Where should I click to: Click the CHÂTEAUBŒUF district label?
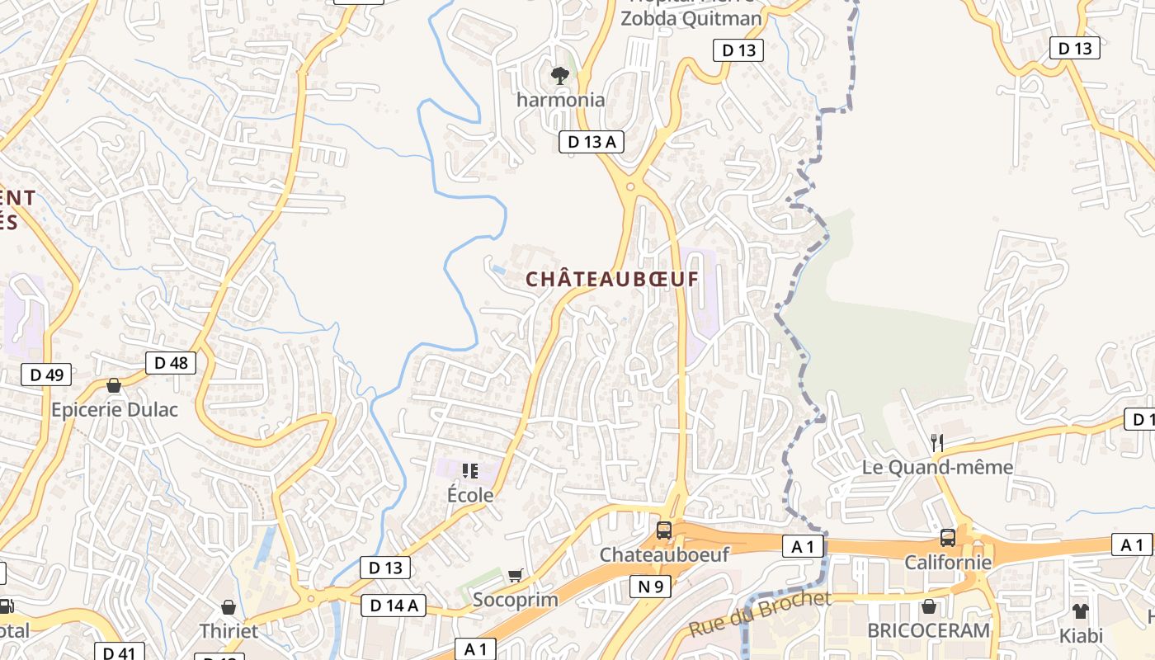pos(612,279)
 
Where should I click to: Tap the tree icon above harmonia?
pos(560,76)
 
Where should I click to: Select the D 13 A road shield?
pos(592,142)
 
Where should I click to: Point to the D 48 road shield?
pos(171,362)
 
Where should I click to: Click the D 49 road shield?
pos(46,375)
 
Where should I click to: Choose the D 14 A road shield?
pos(394,606)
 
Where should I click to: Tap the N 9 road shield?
pos(650,587)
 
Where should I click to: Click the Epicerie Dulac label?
pos(115,409)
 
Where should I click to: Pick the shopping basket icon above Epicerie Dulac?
pos(114,385)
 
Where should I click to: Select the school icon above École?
pos(470,471)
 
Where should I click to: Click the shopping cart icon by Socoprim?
pos(516,575)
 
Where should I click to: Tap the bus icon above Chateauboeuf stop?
pos(664,530)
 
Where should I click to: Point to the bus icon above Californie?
pos(948,538)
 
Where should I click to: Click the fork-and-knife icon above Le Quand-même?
pos(937,443)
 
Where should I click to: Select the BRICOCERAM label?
pos(928,630)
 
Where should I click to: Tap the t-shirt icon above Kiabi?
pos(1081,610)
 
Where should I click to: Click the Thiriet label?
pos(229,631)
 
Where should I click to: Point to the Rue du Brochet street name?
pos(760,613)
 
